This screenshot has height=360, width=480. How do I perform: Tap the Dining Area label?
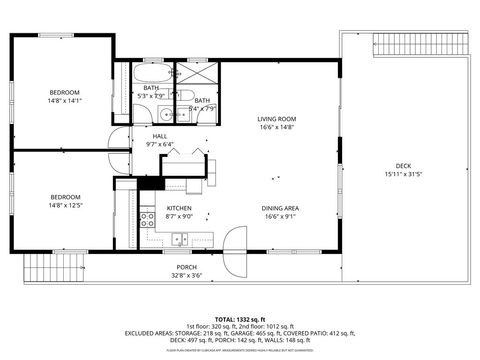pos(280,208)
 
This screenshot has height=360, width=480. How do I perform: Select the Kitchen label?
pos(165,208)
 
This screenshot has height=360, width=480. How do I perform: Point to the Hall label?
pos(160,136)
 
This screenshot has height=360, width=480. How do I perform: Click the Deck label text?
pos(403,166)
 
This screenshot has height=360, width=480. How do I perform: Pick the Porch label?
pos(186,267)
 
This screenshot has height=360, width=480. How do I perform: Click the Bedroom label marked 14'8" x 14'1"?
pos(65,93)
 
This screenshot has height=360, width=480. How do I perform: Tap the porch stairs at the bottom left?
pos(51,266)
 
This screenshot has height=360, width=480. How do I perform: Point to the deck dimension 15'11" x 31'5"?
pos(403,175)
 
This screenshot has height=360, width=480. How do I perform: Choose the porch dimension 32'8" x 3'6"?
pos(186,276)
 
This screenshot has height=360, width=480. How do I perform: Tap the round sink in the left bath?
pos(164,115)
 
